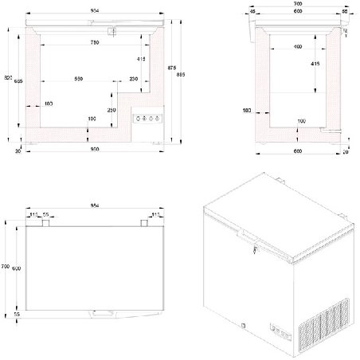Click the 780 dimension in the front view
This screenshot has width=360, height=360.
click(x=94, y=41)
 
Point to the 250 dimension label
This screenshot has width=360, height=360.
click(x=112, y=109)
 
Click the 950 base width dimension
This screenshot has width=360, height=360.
click(x=94, y=150)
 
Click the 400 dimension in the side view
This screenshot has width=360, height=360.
click(x=296, y=47)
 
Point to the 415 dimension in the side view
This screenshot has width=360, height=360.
click(x=315, y=63)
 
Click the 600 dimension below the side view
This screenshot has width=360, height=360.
click(x=296, y=151)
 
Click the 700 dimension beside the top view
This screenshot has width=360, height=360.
click(x=5, y=266)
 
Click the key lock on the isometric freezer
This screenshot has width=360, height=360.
click(x=254, y=250)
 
